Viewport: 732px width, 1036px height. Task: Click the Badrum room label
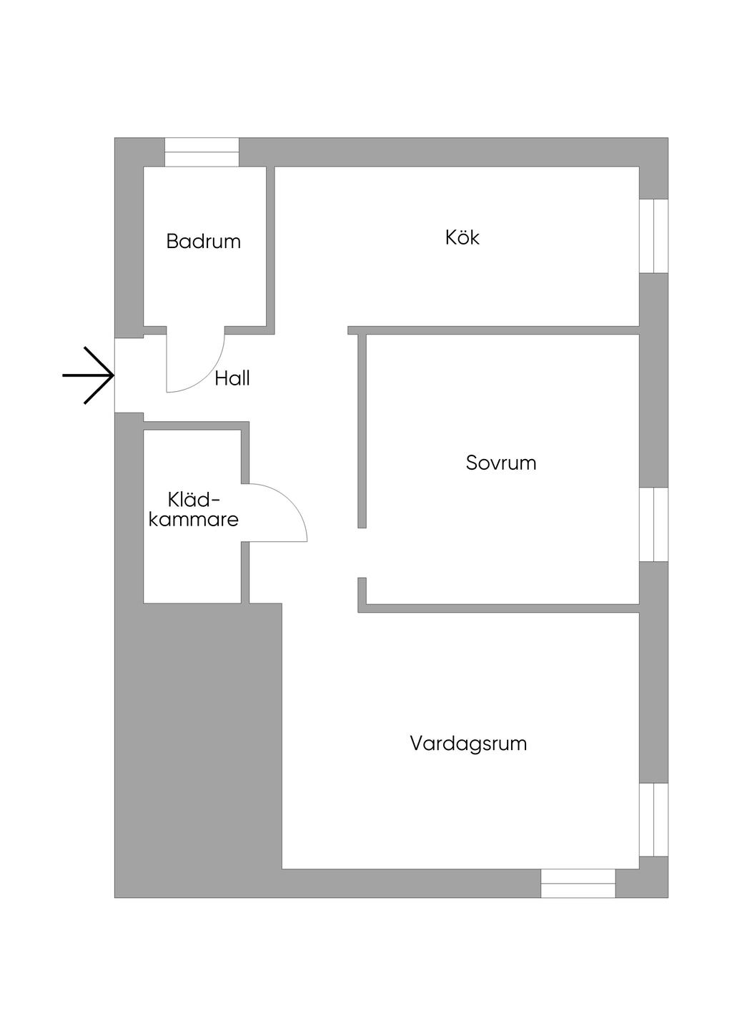pos(204,242)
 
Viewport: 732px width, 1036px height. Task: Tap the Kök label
pos(462,237)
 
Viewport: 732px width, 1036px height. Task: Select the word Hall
pos(232,378)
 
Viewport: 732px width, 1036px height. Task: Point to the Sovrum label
pos(501,463)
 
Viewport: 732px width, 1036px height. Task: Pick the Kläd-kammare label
pos(193,510)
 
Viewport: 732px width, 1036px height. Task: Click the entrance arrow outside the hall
pos(88,375)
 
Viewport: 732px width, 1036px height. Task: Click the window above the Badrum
pos(202,152)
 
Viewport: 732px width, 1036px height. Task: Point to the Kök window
pos(654,236)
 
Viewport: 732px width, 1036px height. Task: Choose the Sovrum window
pos(654,524)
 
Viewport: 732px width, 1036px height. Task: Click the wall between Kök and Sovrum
pos(493,330)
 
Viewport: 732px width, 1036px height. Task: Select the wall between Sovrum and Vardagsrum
pos(498,608)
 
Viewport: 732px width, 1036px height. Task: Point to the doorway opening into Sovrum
pos(362,553)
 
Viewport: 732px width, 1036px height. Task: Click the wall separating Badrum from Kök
pos(270,250)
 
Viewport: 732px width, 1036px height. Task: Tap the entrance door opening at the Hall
pos(129,375)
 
